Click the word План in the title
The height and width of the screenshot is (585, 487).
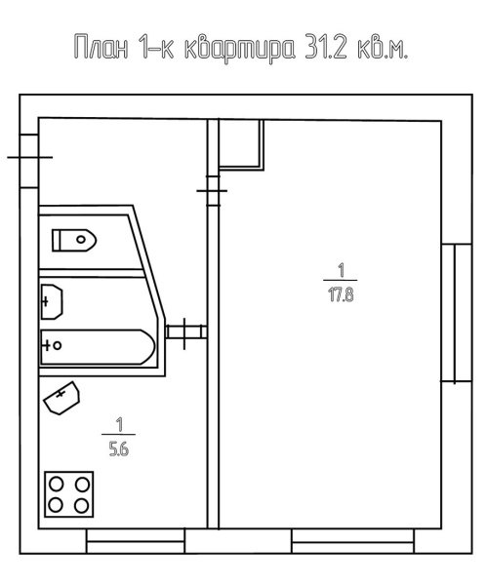(x=101, y=47)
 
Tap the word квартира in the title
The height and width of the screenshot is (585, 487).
(x=240, y=49)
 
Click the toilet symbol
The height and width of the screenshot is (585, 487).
(x=74, y=240)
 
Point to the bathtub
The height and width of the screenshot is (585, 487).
(x=98, y=346)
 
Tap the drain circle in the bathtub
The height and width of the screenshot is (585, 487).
(x=58, y=345)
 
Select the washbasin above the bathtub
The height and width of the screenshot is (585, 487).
(x=51, y=301)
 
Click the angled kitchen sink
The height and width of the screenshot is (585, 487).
(x=61, y=398)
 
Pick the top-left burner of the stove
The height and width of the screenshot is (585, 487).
(x=57, y=485)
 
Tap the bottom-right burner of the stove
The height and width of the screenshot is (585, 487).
(x=81, y=505)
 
